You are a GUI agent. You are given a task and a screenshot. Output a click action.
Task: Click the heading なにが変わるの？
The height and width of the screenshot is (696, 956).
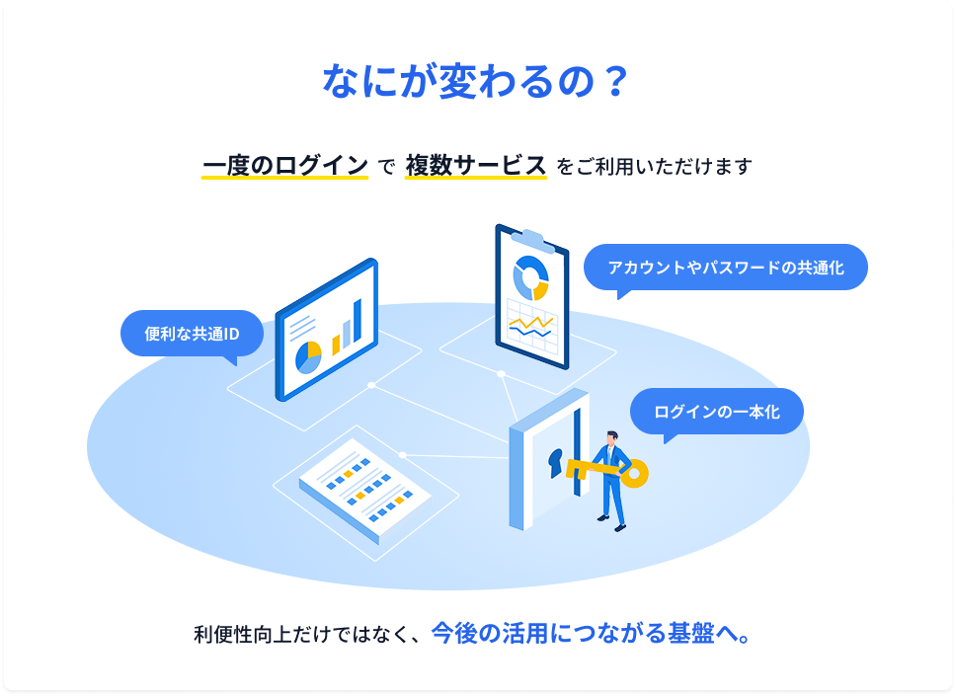coord(475,81)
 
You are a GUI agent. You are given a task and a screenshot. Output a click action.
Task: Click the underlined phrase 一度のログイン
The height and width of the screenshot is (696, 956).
coord(285,166)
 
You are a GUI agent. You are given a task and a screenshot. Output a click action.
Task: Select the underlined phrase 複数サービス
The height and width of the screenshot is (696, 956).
coord(476,166)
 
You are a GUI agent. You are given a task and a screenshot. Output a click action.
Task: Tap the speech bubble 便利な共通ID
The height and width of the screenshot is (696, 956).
coord(192,334)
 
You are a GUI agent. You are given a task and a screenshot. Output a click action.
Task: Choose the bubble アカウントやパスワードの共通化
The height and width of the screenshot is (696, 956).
coord(726,268)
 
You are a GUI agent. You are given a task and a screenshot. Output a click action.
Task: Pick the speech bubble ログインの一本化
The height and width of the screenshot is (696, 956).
coord(716,412)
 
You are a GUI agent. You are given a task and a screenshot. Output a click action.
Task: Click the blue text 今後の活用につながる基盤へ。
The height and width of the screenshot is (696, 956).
coord(592,634)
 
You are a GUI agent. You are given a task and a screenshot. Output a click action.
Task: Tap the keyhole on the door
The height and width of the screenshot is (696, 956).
coord(555,463)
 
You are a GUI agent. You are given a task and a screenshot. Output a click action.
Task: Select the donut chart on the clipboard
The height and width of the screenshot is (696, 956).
coord(531,278)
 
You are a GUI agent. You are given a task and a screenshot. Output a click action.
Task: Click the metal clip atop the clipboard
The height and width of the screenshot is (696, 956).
coord(533,240)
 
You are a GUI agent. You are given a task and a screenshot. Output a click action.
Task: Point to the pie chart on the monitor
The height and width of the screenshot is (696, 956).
coord(308,357)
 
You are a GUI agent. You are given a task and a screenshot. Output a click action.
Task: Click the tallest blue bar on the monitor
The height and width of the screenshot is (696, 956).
coord(358,321)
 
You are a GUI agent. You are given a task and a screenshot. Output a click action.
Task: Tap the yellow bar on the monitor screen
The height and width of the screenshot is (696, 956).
coord(336,345)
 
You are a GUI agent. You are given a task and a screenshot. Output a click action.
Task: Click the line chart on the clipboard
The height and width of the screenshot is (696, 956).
coord(531,327)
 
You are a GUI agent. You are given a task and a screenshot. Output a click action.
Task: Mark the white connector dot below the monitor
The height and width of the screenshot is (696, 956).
coord(371,385)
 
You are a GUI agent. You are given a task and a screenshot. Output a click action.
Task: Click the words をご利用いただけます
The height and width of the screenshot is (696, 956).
coord(654,167)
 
